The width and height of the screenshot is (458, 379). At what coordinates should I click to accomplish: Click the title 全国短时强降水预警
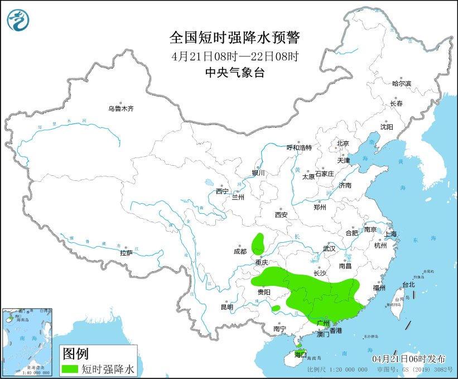(234, 37)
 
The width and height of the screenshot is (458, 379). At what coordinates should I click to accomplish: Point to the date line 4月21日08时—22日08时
(234, 56)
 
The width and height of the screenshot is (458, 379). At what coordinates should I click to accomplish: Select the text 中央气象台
(234, 72)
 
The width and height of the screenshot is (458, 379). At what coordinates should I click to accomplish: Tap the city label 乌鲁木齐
(121, 109)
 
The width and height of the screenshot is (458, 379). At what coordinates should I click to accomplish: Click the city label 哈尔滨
(401, 84)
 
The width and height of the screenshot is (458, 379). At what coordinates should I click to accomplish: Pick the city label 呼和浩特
(299, 148)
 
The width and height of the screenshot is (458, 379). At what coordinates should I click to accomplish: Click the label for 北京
(343, 143)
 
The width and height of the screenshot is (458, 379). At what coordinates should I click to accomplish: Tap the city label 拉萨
(126, 253)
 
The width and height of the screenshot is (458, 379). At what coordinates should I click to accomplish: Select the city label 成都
(240, 251)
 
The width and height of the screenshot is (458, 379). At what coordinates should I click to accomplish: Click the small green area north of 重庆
(258, 243)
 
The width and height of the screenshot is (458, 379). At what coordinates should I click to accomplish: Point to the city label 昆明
(226, 307)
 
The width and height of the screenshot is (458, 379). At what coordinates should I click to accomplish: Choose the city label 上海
(390, 233)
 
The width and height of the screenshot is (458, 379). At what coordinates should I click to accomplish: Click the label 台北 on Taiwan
(408, 284)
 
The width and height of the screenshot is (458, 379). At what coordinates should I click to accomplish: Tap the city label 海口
(300, 354)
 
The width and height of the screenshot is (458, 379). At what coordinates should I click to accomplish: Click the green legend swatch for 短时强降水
(70, 369)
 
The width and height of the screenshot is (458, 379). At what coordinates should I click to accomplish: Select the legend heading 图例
(75, 353)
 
